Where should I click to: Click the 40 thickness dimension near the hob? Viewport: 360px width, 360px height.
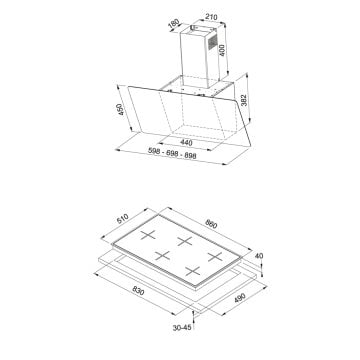(x=258, y=256)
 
